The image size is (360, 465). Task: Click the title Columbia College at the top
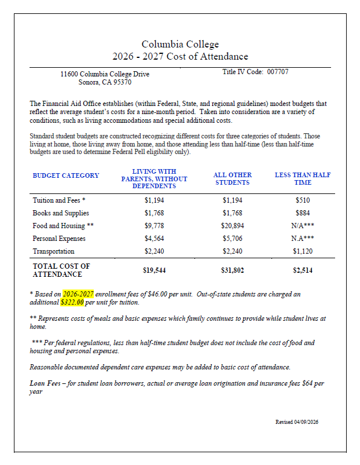[180, 45]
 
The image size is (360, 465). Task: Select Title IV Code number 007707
[278, 72]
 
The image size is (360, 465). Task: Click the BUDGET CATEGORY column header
[65, 175]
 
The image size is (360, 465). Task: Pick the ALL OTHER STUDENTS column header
[232, 178]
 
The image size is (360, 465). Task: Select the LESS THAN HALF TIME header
[302, 178]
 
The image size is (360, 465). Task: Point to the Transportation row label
[53, 251]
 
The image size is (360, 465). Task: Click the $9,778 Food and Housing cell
[154, 226]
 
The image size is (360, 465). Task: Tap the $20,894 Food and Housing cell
[232, 226]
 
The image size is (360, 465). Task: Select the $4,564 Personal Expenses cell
[154, 239]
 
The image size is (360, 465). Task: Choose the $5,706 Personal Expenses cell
[232, 239]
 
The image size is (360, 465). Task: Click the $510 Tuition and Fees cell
[302, 200]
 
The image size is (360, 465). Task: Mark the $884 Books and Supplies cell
[302, 213]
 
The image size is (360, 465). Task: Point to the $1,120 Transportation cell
[302, 251]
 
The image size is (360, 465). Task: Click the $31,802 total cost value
[232, 270]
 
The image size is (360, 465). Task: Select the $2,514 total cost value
[302, 270]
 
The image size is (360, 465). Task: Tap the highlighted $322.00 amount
[72, 302]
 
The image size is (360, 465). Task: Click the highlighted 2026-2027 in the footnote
[78, 294]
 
